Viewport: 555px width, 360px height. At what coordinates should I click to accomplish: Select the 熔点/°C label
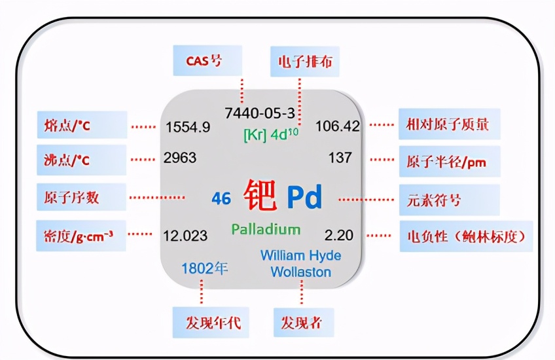[x=82, y=124]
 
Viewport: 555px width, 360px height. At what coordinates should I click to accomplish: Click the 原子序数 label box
[x=82, y=197]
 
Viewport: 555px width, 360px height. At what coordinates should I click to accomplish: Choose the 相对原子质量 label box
[x=450, y=124]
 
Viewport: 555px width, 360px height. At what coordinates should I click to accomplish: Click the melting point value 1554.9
[x=188, y=127]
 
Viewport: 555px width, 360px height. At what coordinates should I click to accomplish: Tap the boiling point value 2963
[x=181, y=158]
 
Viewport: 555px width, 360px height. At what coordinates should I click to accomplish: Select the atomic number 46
[x=221, y=198]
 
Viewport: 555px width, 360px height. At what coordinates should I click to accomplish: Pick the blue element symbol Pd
[x=304, y=196]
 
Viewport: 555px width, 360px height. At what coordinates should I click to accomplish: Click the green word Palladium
[x=266, y=230]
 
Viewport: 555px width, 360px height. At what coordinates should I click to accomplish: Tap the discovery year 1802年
[x=205, y=268]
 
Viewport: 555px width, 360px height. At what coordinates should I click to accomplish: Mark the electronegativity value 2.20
[x=338, y=234]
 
